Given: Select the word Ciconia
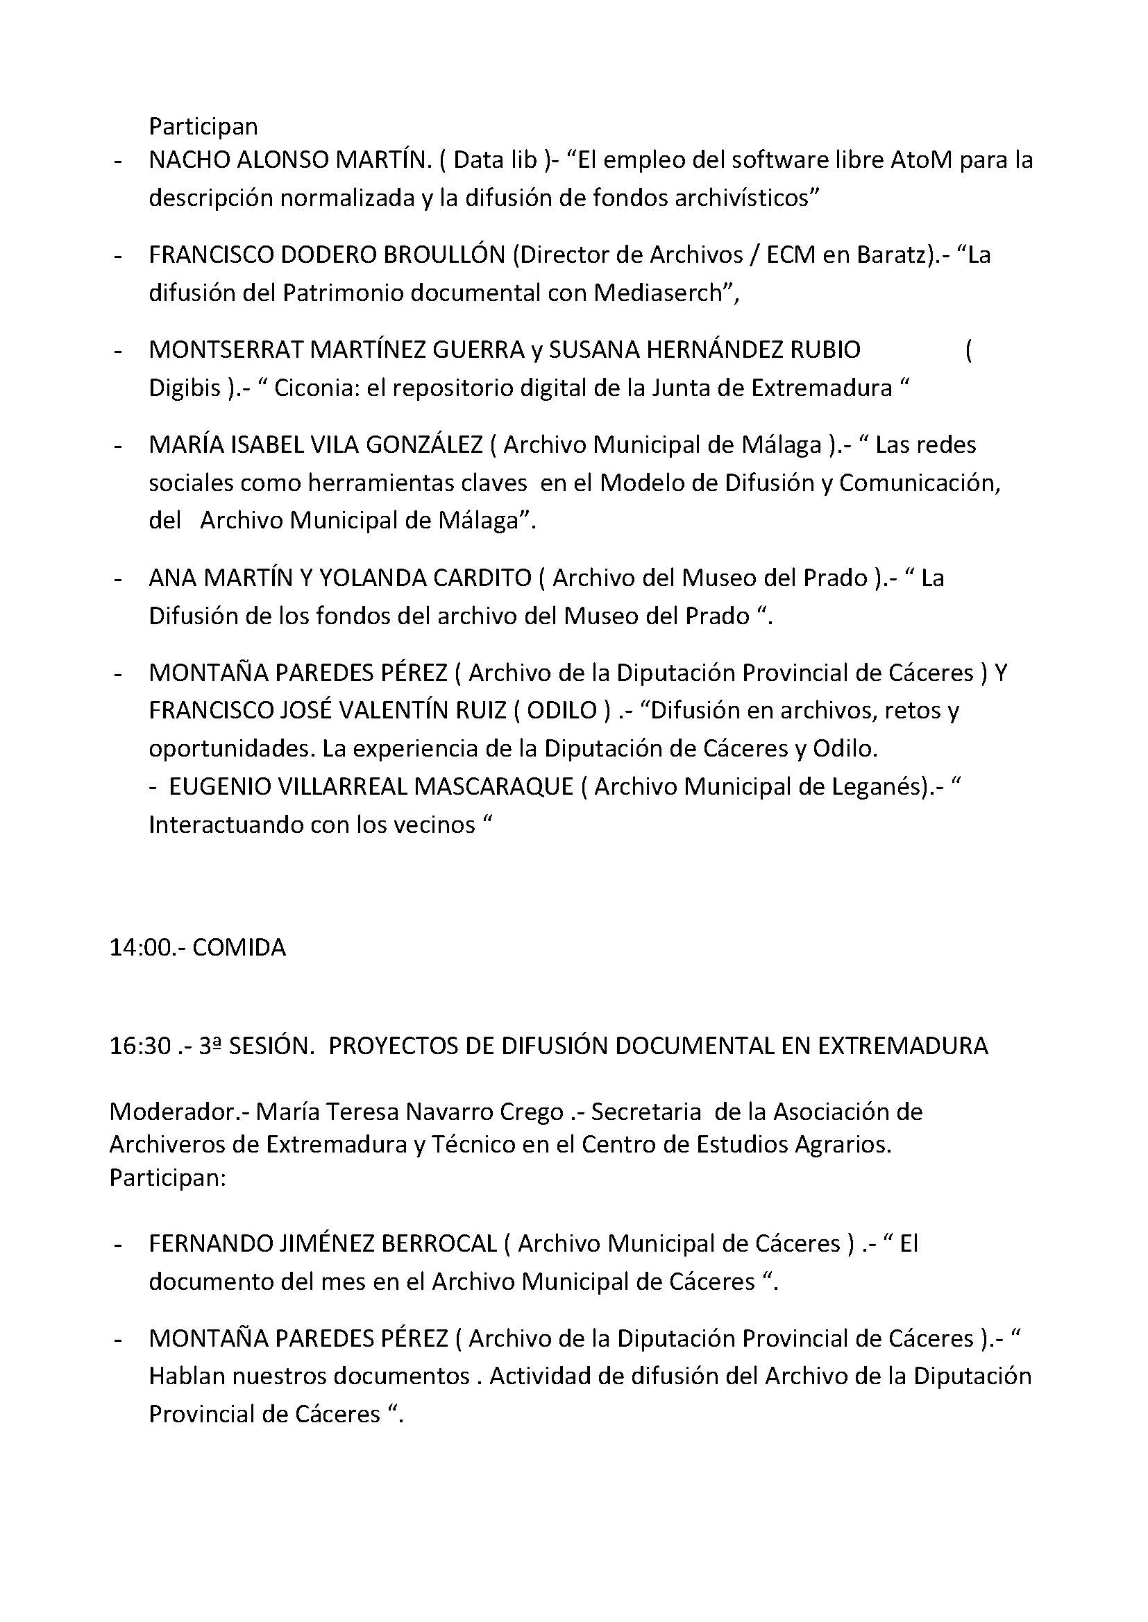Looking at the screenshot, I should tap(316, 388).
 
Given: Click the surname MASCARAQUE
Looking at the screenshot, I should tap(493, 786).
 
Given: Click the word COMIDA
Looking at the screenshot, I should tap(239, 947).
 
